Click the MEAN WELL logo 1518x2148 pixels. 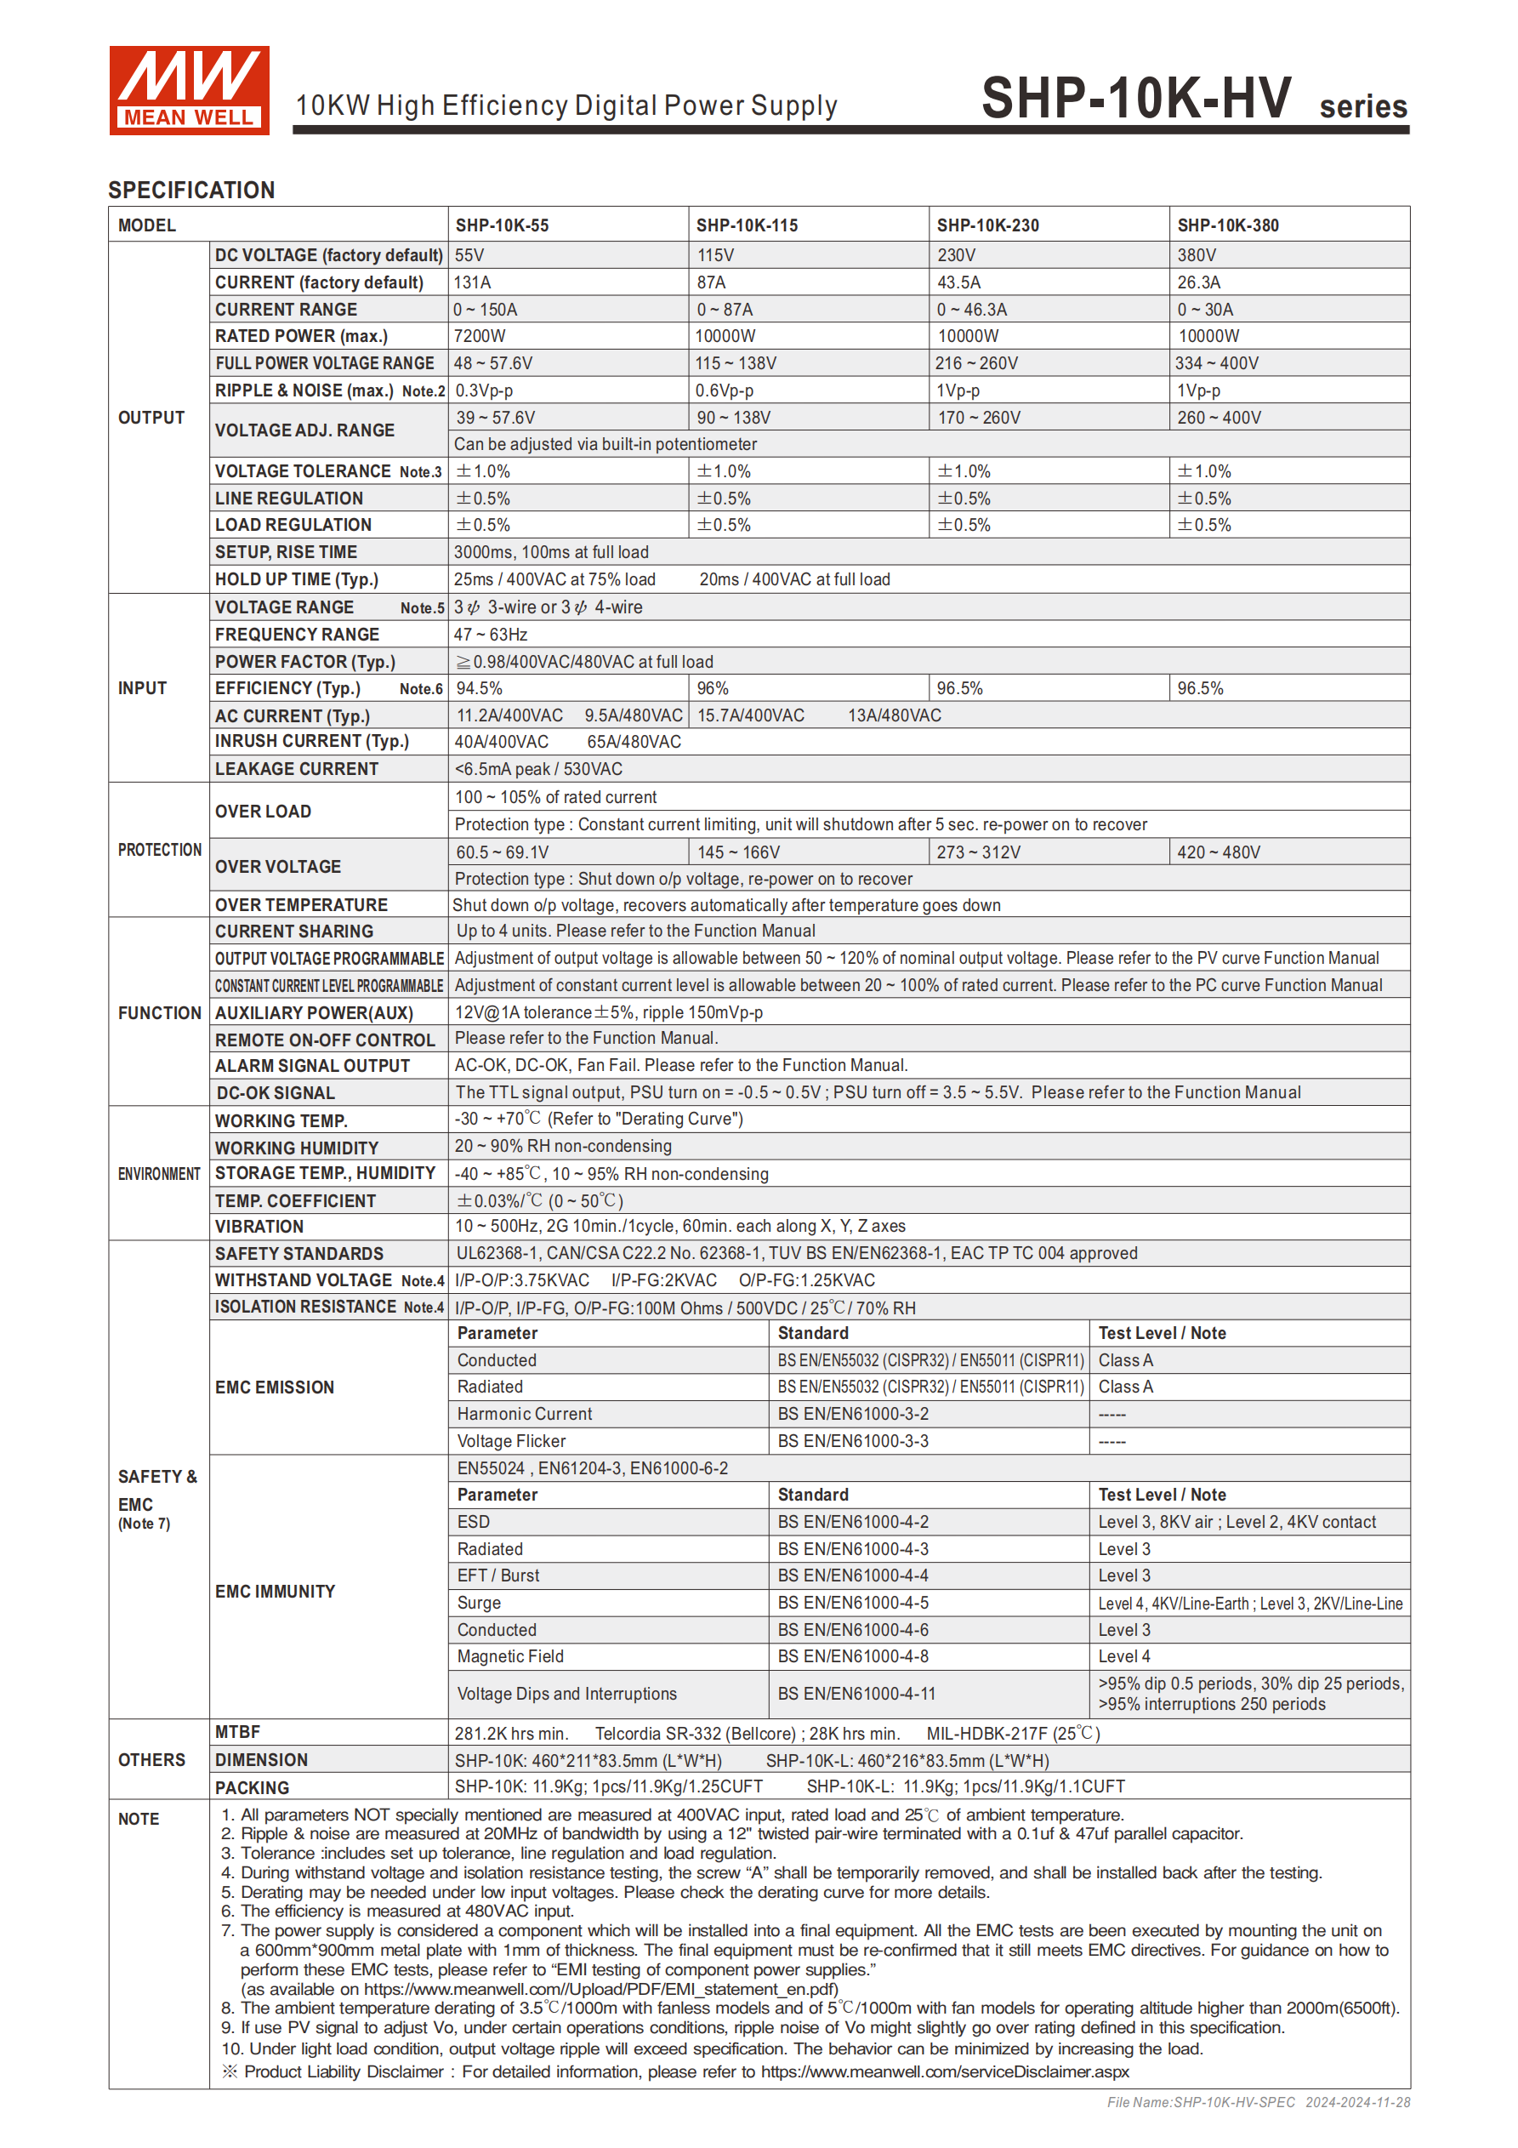pyautogui.click(x=189, y=90)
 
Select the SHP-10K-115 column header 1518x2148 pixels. pyautogui.click(x=747, y=225)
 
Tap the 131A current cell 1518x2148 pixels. pyautogui.click(x=472, y=282)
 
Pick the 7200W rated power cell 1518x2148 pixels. pyautogui.click(x=480, y=336)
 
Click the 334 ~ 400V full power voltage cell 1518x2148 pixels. pyautogui.click(x=1217, y=363)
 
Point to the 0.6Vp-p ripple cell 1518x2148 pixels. pyautogui.click(x=724, y=390)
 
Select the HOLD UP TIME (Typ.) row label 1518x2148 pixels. pyautogui.click(x=297, y=579)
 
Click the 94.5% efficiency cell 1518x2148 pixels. pyautogui.click(x=479, y=688)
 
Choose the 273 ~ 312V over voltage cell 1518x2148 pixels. pyautogui.click(x=978, y=852)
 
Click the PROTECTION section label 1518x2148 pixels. pyautogui.click(x=159, y=850)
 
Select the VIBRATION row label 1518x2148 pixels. pyautogui.click(x=259, y=1227)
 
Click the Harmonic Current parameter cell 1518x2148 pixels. pyautogui.click(x=524, y=1414)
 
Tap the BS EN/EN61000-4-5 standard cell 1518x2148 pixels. pyautogui.click(x=853, y=1603)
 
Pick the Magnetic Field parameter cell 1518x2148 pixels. pyautogui.click(x=509, y=1656)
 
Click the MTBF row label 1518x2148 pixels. pyautogui.click(x=237, y=1733)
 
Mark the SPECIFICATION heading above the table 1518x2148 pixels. pyautogui.click(x=191, y=190)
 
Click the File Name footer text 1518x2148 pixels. pyautogui.click(x=1258, y=2102)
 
